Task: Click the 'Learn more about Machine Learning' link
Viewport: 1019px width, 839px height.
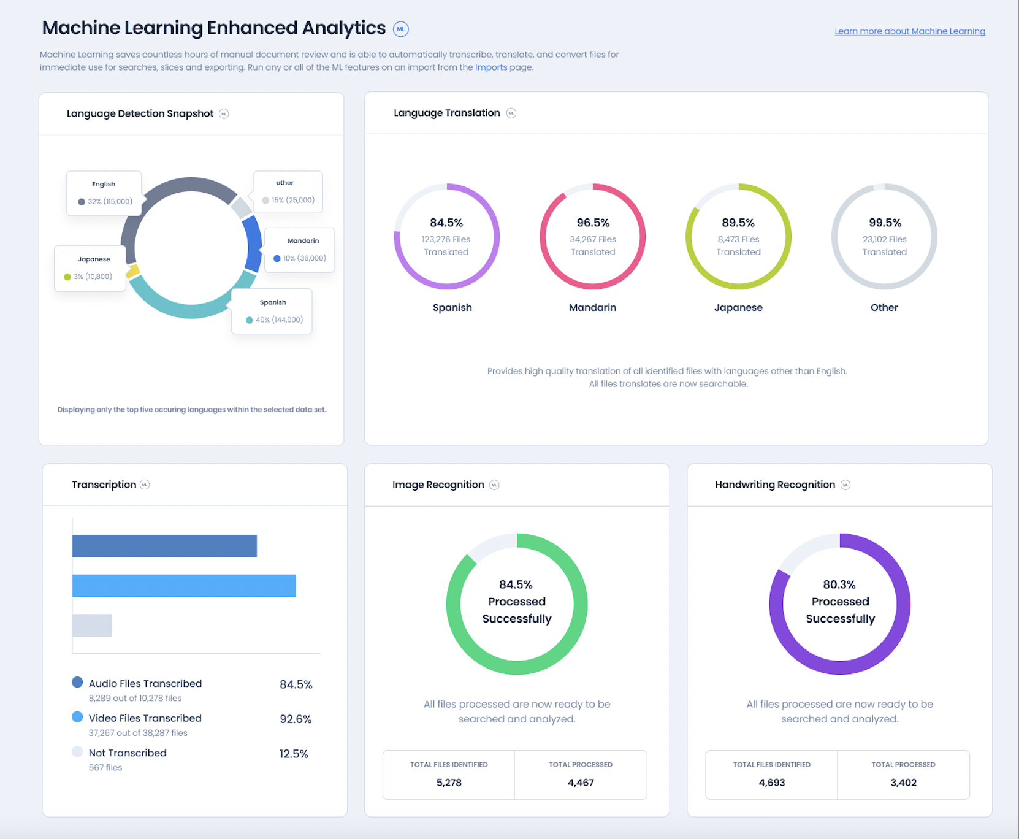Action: (x=909, y=31)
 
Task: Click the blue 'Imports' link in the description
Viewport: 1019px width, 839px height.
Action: (x=490, y=67)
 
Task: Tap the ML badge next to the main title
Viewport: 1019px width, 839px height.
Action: (x=400, y=29)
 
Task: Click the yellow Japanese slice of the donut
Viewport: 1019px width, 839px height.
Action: (x=132, y=272)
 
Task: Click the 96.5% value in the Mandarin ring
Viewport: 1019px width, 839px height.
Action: (x=592, y=223)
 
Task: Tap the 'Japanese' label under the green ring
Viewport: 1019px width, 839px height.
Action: (x=738, y=308)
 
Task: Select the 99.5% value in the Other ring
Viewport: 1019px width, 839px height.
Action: (x=884, y=223)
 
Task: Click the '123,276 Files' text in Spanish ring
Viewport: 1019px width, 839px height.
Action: (x=446, y=239)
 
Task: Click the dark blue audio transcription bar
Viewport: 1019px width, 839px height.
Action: (x=164, y=546)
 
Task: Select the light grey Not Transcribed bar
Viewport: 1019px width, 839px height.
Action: (x=92, y=625)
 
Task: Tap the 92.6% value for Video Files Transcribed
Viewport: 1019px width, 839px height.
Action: (x=296, y=719)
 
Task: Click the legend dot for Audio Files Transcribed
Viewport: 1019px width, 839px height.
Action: (x=77, y=682)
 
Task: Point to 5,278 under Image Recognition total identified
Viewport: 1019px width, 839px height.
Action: (x=449, y=783)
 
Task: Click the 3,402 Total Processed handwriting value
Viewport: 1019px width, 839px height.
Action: (x=903, y=783)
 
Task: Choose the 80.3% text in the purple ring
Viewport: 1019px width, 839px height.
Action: (x=839, y=584)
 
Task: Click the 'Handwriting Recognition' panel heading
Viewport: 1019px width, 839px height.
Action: (x=774, y=485)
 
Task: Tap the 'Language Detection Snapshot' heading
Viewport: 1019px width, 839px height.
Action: (x=140, y=113)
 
